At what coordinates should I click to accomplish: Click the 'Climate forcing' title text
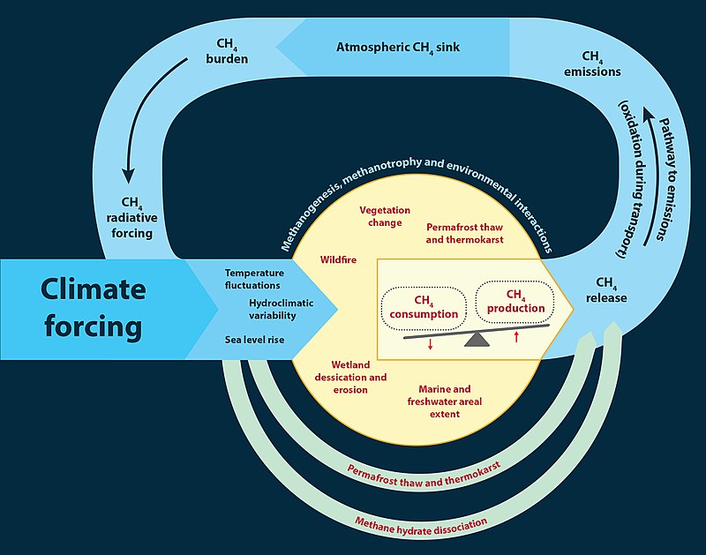pyautogui.click(x=93, y=308)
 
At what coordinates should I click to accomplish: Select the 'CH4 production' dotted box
pyautogui.click(x=515, y=302)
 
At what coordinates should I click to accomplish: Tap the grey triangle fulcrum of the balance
pyautogui.click(x=477, y=338)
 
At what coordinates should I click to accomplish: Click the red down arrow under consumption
pyautogui.click(x=430, y=344)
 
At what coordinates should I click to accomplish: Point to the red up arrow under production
pyautogui.click(x=516, y=336)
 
